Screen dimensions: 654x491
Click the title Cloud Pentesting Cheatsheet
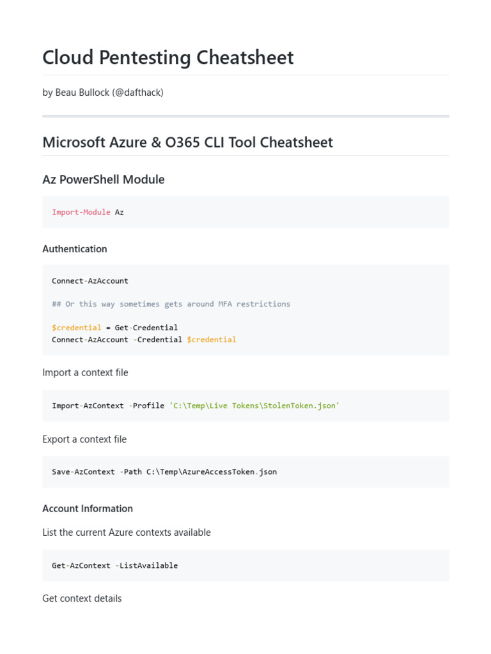point(168,57)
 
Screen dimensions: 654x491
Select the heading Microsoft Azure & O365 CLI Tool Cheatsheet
point(187,142)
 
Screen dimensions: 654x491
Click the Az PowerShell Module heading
point(103,179)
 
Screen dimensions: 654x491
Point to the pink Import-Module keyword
point(81,211)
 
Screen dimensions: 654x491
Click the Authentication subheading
point(74,248)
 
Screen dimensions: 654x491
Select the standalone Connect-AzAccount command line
point(90,280)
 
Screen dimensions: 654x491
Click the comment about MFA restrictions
point(171,304)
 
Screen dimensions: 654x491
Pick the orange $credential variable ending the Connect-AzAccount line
point(211,340)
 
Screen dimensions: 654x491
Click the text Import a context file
point(85,372)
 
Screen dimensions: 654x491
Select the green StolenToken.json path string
point(254,406)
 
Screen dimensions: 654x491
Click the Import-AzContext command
point(88,406)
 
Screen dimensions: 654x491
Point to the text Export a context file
point(84,439)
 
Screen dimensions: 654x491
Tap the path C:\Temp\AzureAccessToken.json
point(211,472)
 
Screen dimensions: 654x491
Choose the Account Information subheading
point(87,508)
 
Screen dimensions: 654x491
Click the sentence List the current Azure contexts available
point(126,532)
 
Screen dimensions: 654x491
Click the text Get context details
point(82,598)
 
